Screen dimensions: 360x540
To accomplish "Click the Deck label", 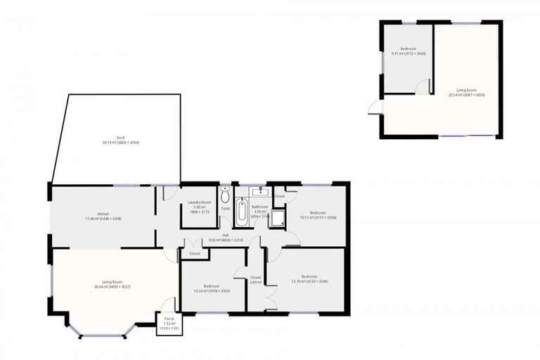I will click(120, 140).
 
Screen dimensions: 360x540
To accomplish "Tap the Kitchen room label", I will click(103, 216).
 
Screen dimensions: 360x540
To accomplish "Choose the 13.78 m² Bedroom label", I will click(309, 278).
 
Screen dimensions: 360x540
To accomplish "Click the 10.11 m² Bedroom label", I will click(318, 214).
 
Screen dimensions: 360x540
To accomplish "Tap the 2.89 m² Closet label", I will click(256, 279).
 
